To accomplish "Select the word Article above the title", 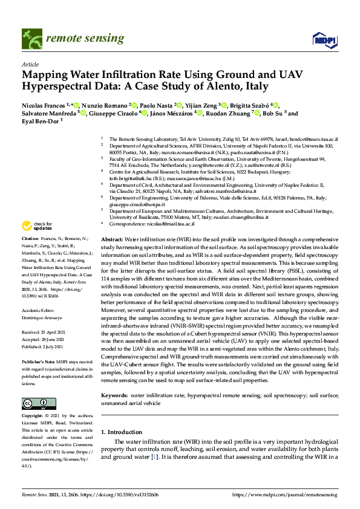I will (30, 63).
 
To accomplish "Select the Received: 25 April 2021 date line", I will (46, 332).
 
